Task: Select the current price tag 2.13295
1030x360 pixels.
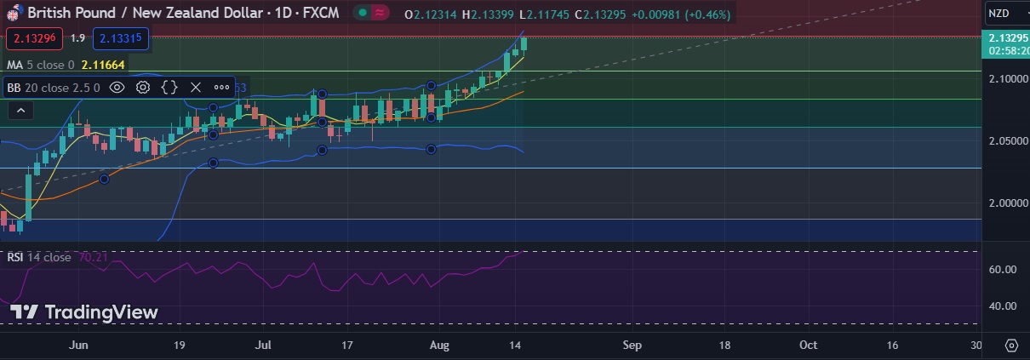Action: [x=1006, y=38]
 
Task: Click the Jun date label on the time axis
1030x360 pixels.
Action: [x=78, y=345]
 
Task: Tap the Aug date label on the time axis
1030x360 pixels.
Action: [x=439, y=345]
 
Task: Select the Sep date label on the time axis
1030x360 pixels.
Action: [x=632, y=345]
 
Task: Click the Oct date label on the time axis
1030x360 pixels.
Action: [x=808, y=345]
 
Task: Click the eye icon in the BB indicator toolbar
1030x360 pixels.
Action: [x=117, y=87]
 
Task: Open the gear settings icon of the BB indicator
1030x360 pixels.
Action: [x=143, y=87]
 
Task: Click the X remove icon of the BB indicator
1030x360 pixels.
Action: [x=195, y=87]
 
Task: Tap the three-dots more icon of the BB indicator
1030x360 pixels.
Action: [x=221, y=87]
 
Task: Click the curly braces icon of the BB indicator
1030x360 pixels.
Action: [x=169, y=87]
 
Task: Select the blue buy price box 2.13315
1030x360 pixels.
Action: [x=121, y=38]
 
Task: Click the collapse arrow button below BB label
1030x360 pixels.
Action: [x=20, y=110]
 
